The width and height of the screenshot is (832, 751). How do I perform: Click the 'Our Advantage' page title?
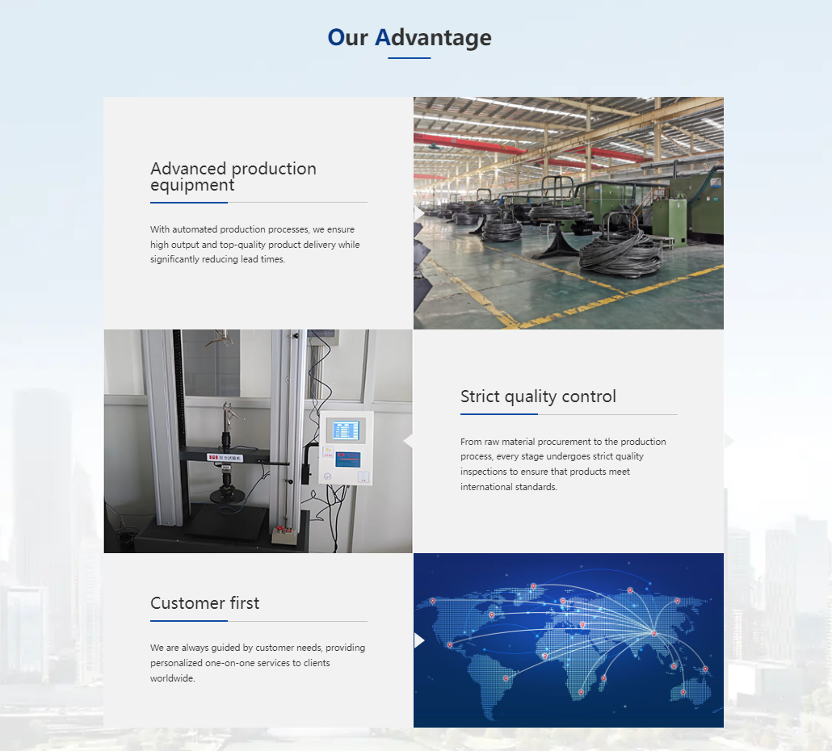pyautogui.click(x=410, y=37)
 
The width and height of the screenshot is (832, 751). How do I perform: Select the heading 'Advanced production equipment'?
pyautogui.click(x=233, y=177)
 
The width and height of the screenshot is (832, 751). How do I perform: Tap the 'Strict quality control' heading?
pyautogui.click(x=538, y=396)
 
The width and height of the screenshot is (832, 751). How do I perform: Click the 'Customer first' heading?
pyautogui.click(x=205, y=603)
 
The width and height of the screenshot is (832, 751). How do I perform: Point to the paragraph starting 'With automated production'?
pyautogui.click(x=254, y=245)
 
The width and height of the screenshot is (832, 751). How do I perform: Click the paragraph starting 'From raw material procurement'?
pyautogui.click(x=563, y=464)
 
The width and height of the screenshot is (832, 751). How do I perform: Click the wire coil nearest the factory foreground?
pyautogui.click(x=621, y=252)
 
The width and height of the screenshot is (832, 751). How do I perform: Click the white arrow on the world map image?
pyautogui.click(x=418, y=640)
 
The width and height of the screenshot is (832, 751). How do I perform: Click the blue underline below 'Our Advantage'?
pyautogui.click(x=410, y=58)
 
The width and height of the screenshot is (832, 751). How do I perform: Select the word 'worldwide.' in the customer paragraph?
pyautogui.click(x=173, y=678)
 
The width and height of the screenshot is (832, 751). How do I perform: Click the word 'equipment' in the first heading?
pyautogui.click(x=192, y=186)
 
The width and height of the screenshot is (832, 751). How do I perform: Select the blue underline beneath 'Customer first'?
pyautogui.click(x=189, y=621)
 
